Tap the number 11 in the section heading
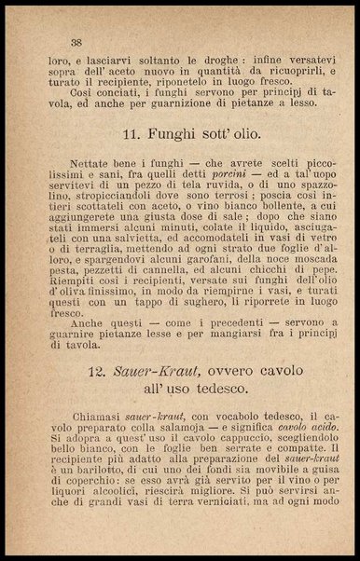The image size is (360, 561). click(x=130, y=136)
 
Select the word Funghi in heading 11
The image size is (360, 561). click(x=174, y=136)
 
